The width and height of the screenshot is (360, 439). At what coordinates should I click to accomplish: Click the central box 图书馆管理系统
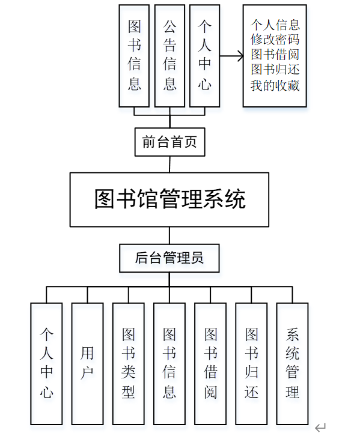[x=169, y=199]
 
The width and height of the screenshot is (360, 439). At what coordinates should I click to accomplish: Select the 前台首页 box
[x=170, y=142]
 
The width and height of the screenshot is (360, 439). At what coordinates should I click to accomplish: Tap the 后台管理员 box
[x=169, y=258]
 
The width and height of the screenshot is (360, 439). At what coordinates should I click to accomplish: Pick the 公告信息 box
[x=169, y=56]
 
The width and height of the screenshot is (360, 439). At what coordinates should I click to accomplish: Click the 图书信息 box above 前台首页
[x=134, y=56]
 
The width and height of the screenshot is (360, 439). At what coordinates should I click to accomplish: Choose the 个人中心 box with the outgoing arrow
[x=205, y=56]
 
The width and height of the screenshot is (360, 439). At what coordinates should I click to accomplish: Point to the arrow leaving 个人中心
[x=231, y=56]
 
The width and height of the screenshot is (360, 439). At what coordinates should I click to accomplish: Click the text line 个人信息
[x=275, y=25]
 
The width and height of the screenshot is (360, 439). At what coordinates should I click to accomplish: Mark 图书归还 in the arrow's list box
[x=275, y=70]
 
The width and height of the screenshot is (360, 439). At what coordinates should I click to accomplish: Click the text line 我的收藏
[x=275, y=85]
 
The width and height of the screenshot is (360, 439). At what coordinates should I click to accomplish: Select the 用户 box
[x=87, y=363]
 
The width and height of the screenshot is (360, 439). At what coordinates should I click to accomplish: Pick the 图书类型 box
[x=128, y=363]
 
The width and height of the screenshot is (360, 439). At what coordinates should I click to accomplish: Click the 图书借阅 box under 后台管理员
[x=210, y=363]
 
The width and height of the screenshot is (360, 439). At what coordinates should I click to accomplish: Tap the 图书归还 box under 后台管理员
[x=251, y=363]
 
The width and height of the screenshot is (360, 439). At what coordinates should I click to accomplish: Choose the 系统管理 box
[x=292, y=363]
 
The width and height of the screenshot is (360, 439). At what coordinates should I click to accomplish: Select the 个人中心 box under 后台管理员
[x=46, y=363]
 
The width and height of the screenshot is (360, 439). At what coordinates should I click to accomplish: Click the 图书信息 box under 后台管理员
[x=169, y=363]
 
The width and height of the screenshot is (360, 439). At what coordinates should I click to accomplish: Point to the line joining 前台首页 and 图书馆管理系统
[x=170, y=164]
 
